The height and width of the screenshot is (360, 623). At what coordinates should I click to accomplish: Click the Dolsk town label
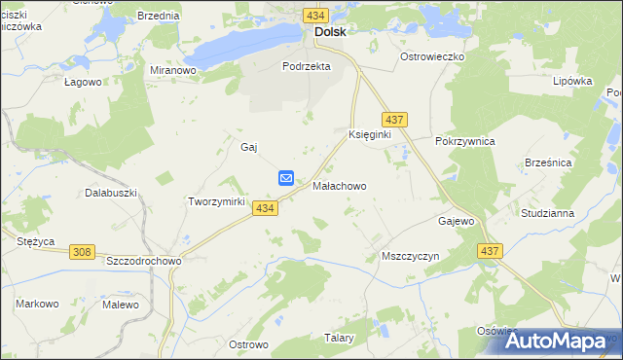330,31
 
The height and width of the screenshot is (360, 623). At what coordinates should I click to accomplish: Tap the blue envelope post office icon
286,177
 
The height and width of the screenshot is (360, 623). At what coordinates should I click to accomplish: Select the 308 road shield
82,252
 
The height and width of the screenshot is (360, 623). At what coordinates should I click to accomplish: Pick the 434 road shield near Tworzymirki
264,208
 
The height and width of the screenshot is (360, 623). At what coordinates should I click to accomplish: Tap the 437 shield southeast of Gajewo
490,251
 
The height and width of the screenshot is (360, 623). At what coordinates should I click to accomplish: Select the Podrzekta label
307,66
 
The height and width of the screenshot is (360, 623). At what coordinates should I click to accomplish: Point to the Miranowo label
173,71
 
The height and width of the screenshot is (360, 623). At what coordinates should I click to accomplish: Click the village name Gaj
248,147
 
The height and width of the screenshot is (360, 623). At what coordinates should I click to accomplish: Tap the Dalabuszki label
109,193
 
